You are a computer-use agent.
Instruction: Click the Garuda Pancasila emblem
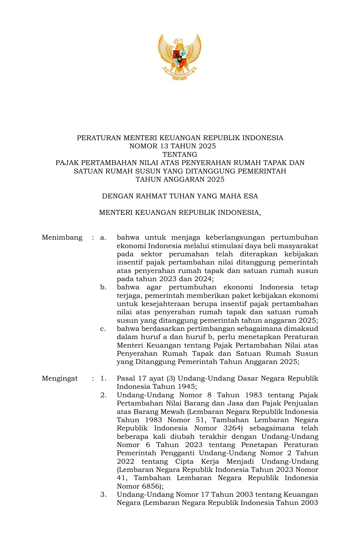[180, 57]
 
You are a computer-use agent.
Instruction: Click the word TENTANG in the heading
[180, 155]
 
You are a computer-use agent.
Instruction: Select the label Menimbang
[62, 237]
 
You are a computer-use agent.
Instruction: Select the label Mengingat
[60, 378]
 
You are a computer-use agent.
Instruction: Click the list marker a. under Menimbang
[103, 237]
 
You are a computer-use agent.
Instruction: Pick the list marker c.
[103, 329]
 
